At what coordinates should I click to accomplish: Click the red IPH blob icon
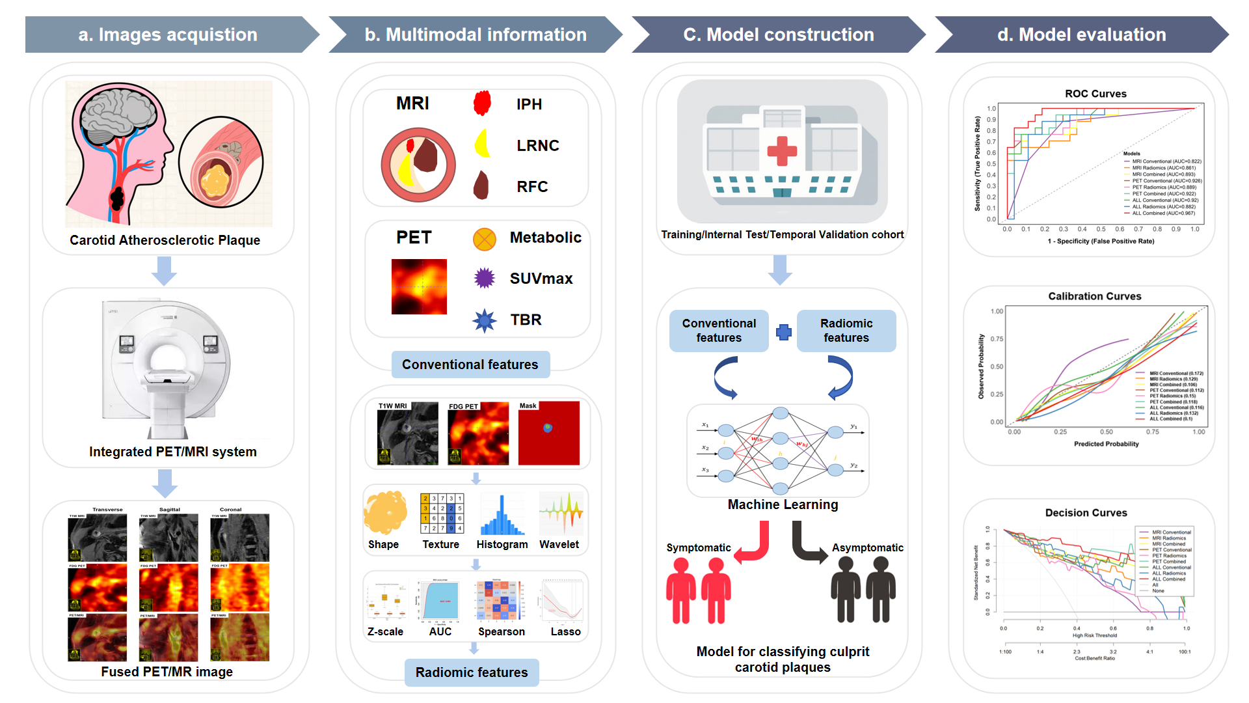tap(482, 103)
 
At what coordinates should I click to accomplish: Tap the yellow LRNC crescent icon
tap(482, 144)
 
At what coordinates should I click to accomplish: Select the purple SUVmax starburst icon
tap(485, 278)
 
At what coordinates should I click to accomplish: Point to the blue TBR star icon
tap(485, 320)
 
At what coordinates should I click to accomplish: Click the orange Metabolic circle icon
tap(485, 239)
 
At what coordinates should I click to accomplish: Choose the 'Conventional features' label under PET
tap(470, 365)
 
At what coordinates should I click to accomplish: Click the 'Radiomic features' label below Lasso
tap(472, 672)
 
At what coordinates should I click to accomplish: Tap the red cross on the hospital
tap(782, 150)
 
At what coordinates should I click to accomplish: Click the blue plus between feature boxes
tap(784, 332)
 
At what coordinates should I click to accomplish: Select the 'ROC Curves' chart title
tap(1095, 94)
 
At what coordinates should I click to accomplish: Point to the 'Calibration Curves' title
tap(1095, 296)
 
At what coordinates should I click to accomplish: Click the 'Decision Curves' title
tap(1086, 513)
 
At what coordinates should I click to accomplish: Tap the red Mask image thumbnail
tap(548, 433)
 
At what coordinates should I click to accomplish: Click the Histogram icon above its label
tap(502, 516)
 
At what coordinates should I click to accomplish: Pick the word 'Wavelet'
tap(559, 544)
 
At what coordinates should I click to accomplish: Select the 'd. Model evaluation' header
tap(1081, 34)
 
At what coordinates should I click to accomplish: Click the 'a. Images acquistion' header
tap(168, 34)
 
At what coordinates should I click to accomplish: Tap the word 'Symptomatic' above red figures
tap(698, 548)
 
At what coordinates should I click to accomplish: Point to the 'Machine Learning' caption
tap(783, 504)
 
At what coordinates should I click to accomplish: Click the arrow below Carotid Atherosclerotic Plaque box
tap(164, 271)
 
